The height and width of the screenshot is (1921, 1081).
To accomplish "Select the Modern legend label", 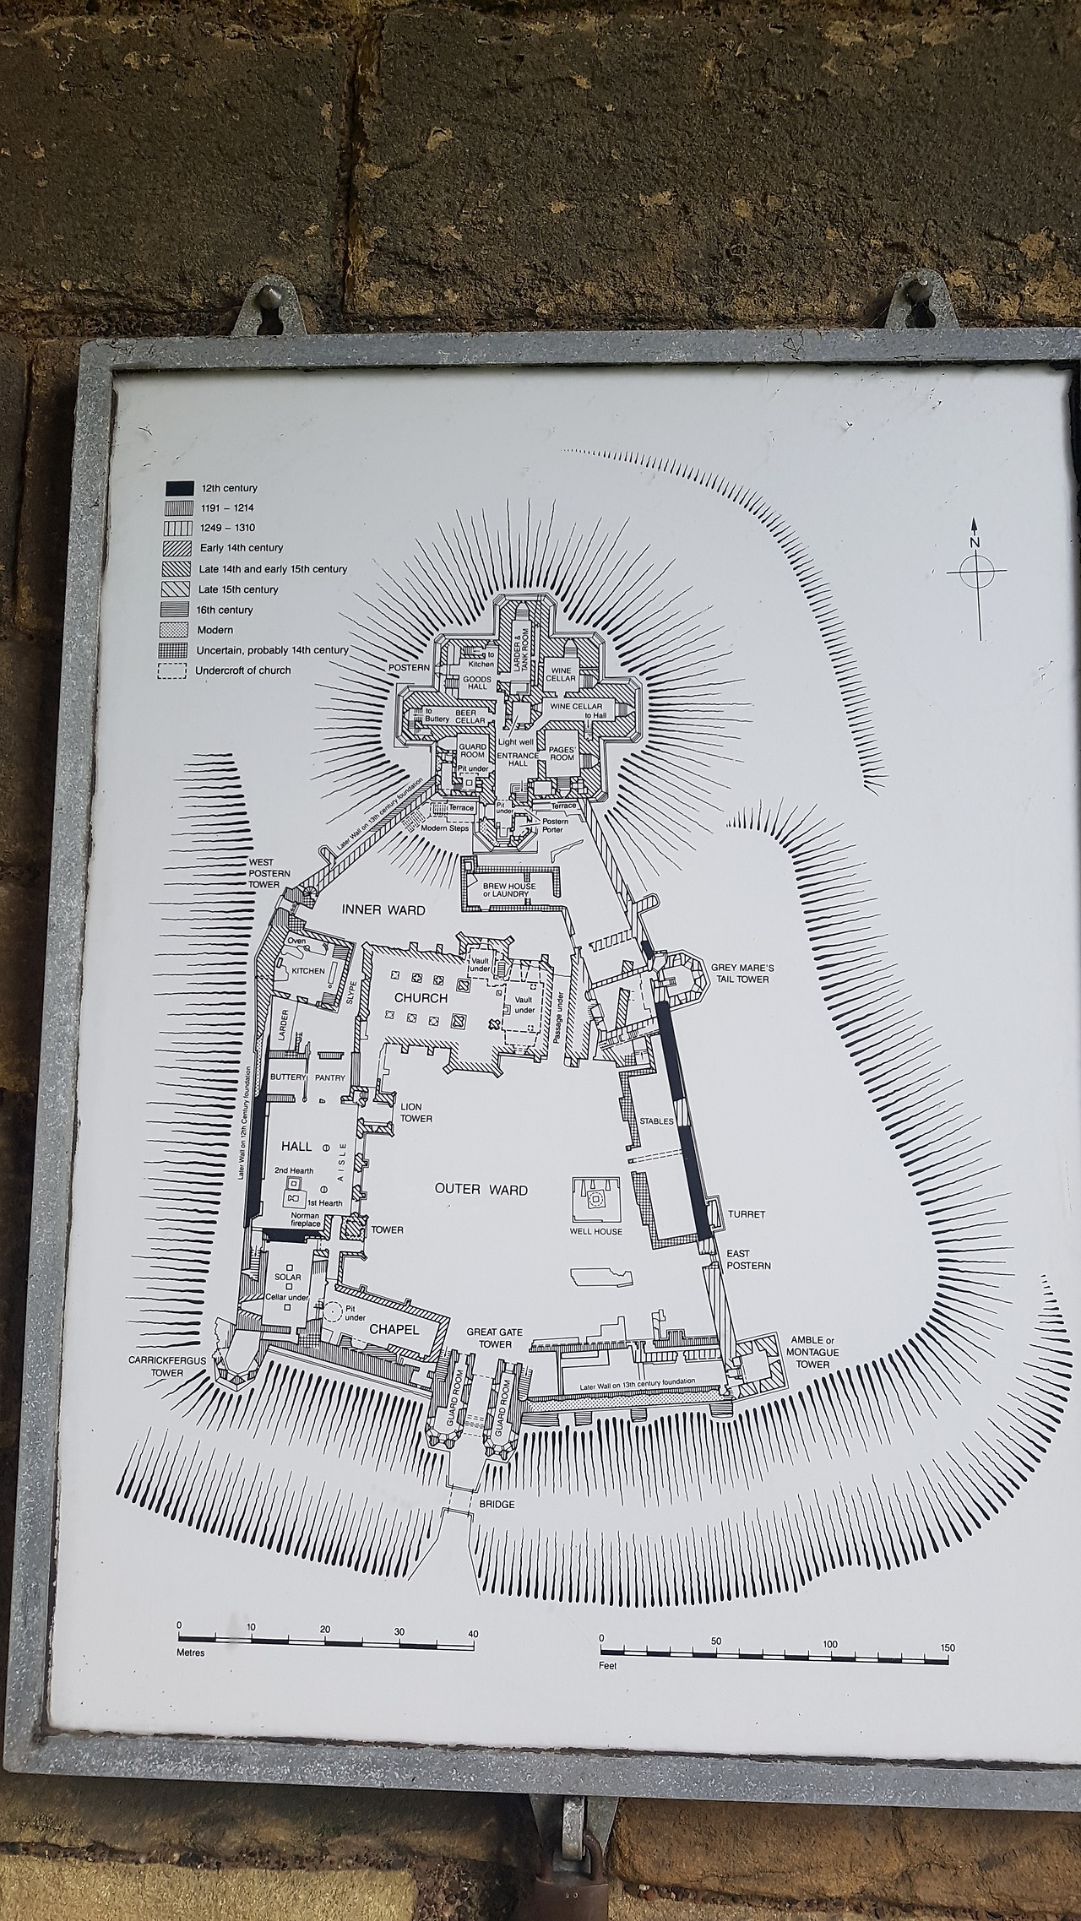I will click(x=215, y=630).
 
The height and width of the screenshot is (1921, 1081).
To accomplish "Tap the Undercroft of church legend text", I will click(x=244, y=670).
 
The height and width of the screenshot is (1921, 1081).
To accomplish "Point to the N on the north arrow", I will click(x=975, y=542).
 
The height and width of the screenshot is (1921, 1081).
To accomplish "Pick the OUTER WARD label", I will click(x=481, y=1190).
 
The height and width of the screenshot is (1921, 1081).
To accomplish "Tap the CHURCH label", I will click(x=421, y=998).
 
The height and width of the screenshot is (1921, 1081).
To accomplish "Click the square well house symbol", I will click(x=598, y=1199).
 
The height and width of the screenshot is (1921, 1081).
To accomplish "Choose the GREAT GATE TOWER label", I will click(x=495, y=1338).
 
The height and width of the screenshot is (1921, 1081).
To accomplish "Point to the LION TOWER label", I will click(x=416, y=1112).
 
